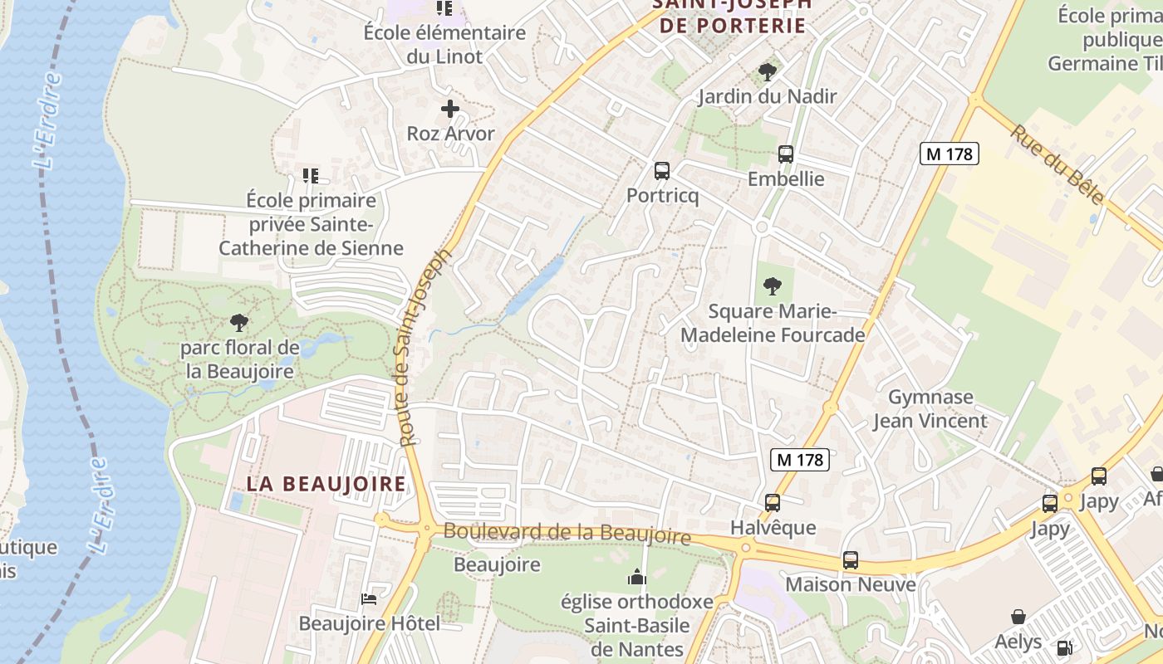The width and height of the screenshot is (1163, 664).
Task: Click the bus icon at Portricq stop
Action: (662, 171)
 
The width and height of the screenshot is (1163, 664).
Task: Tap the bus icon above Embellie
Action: (785, 154)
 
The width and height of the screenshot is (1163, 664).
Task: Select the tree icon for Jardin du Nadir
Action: (768, 71)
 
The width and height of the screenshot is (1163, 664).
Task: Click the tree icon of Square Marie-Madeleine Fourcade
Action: (773, 286)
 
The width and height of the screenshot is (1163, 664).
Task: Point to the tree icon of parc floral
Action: (239, 323)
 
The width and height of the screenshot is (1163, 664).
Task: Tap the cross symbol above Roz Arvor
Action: (450, 109)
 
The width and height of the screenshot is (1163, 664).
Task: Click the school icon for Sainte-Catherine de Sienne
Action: (311, 176)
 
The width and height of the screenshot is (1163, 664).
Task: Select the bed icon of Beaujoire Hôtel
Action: (369, 598)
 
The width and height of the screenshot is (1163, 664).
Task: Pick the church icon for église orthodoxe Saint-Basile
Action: (637, 577)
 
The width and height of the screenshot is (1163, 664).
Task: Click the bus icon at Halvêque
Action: (773, 503)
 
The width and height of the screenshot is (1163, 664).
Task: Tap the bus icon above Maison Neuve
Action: (850, 560)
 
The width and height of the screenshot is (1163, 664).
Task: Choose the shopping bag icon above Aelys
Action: (1018, 617)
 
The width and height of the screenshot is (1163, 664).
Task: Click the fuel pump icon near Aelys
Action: (1063, 647)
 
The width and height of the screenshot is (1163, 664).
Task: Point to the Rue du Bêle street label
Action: (1057, 164)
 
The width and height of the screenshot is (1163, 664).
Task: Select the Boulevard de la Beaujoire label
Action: (567, 533)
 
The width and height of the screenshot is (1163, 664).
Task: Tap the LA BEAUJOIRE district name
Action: (326, 484)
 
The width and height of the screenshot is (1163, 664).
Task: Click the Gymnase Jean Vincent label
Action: (930, 408)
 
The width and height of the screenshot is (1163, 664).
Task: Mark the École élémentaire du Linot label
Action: (444, 45)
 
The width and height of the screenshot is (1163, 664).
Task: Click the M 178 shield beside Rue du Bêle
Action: (950, 154)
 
